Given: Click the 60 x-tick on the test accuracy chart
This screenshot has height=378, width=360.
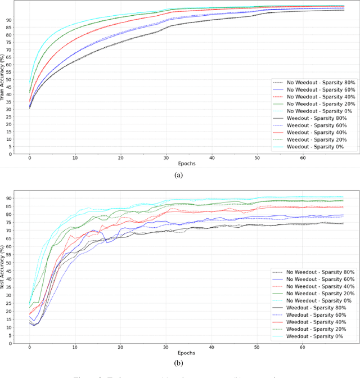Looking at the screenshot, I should coord(303,346).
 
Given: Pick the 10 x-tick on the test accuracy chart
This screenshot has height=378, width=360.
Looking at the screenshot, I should coord(75,346).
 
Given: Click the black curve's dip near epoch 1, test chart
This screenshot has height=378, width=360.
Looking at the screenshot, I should coord(33,326).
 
